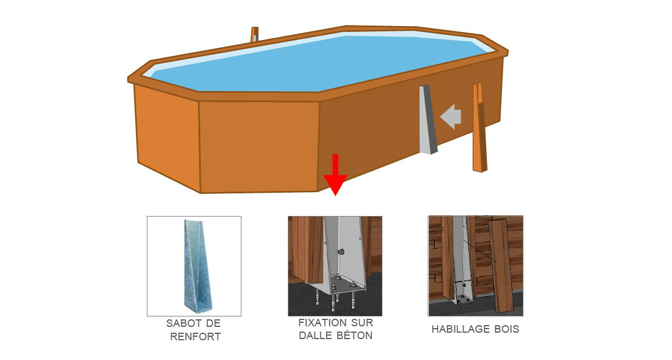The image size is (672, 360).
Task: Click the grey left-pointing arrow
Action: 451,116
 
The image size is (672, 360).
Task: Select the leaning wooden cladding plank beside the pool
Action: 479,128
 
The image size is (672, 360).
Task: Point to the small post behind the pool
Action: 255,35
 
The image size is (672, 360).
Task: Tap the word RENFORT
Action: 196,337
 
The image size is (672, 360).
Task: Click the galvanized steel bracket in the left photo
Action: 197,267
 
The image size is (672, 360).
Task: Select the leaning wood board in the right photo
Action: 502,265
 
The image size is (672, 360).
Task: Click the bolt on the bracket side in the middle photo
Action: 341,251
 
